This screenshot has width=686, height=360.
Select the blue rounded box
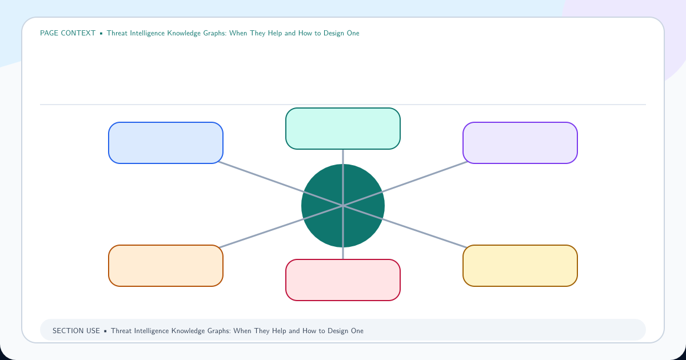pos(166,143)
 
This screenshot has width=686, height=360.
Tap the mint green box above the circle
pos(343,129)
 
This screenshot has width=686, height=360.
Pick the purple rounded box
pos(520,143)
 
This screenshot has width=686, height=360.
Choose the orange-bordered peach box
pos(166,266)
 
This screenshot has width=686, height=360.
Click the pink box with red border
pos(343,280)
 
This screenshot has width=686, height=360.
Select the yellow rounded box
pos(520,266)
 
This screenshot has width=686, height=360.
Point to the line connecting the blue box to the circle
pos(281,184)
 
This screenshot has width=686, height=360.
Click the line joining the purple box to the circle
pos(405,184)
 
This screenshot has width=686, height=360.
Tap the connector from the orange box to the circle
pos(281,226)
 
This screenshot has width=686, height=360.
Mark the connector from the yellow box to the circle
pos(405,226)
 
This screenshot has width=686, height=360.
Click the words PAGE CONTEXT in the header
pos(67,33)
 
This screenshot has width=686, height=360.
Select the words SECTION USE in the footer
pos(76,331)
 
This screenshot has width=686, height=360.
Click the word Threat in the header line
pos(117,33)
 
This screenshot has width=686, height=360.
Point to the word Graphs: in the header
pos(215,33)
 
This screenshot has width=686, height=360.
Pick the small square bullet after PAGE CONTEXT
pos(101,33)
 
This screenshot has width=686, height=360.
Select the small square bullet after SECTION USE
pos(105,331)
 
